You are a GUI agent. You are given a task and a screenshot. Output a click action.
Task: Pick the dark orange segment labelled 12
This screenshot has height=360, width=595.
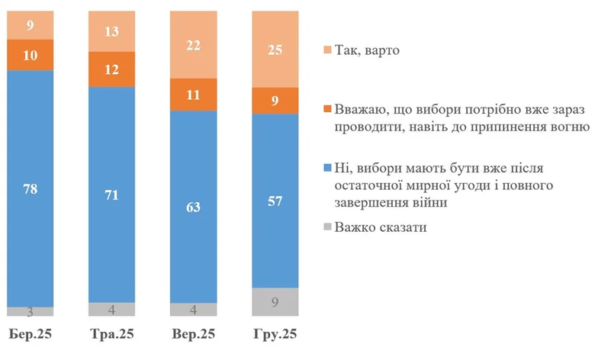point(112,69)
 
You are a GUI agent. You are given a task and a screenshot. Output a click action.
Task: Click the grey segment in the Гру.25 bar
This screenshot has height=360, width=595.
point(275,302)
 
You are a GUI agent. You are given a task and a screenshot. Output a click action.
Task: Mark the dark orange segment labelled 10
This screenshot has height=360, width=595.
point(31,53)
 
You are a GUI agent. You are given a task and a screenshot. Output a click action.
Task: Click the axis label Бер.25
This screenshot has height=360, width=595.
point(31,335)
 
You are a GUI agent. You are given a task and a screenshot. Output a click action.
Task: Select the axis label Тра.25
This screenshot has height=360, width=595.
point(112,335)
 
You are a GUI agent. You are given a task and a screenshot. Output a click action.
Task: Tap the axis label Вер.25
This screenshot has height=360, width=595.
point(194,335)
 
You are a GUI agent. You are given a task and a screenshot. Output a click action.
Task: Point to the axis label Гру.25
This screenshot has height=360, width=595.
point(275,335)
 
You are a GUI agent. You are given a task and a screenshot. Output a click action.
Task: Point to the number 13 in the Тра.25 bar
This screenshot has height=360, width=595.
point(112,31)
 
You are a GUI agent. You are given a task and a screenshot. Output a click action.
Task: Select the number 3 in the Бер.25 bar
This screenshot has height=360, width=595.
point(31,311)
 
